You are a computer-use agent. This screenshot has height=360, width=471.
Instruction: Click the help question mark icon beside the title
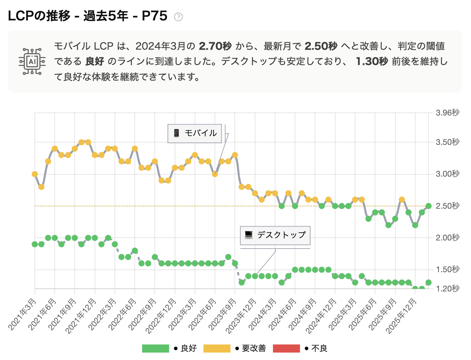coord(178,17)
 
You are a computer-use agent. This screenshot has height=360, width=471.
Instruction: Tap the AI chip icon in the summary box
coord(32,61)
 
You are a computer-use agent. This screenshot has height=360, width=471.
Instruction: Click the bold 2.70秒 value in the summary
coord(215,46)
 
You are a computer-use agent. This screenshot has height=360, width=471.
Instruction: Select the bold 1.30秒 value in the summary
coord(372,61)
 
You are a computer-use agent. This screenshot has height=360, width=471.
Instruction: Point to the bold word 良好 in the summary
coord(95,61)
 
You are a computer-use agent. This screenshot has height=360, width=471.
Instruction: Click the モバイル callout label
coord(195,133)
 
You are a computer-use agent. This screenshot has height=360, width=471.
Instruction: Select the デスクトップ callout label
coord(275,235)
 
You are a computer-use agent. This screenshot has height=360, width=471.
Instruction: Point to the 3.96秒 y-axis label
coord(447,113)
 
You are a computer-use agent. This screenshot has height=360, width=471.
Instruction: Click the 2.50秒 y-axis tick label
coord(447,206)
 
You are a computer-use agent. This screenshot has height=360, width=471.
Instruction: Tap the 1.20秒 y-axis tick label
coord(447,289)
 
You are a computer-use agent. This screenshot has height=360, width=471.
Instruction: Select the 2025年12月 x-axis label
coord(402,316)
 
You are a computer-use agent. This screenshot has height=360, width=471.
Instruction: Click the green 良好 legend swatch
coord(155,349)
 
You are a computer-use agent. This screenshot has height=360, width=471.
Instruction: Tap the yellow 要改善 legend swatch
coord(217,349)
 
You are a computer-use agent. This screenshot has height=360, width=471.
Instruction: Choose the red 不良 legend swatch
coord(286,349)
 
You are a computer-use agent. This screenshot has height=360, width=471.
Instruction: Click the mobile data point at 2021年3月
coord(35,174)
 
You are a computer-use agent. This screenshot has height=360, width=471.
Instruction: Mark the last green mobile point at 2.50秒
coord(428,206)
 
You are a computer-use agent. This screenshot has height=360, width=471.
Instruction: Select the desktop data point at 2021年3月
coord(35,244)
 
